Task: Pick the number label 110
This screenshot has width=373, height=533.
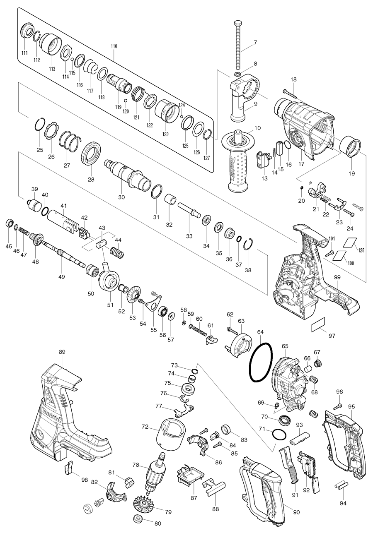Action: [x=114, y=46]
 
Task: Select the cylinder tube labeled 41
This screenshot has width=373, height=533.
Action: [x=62, y=218]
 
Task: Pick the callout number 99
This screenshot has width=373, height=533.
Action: [x=337, y=276]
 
